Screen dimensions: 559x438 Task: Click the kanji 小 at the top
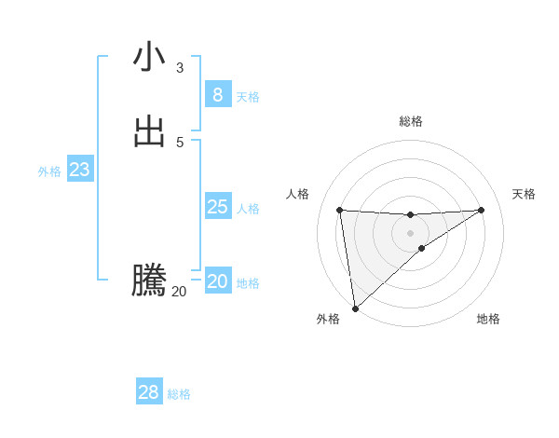[149, 57]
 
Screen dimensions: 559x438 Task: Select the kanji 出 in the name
[149, 131]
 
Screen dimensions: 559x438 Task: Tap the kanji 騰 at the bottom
[149, 281]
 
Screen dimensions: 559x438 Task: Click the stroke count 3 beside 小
[180, 68]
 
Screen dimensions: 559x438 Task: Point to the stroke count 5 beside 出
[180, 143]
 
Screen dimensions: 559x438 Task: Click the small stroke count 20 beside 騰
[179, 292]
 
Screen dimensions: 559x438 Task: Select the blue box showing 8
[217, 94]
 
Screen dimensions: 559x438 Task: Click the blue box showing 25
[217, 206]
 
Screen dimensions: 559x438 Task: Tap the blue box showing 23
[79, 170]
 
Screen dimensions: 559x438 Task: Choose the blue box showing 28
[149, 392]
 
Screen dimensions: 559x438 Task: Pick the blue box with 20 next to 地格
[217, 281]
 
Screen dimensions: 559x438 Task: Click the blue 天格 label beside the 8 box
[248, 97]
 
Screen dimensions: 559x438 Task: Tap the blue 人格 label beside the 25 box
[248, 209]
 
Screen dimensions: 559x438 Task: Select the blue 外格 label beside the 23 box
[49, 171]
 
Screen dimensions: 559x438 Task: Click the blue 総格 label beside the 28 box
[179, 395]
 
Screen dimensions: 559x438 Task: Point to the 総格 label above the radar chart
[411, 121]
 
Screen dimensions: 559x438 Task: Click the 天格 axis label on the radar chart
[525, 194]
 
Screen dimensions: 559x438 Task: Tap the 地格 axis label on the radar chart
[488, 320]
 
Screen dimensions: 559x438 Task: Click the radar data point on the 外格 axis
[355, 308]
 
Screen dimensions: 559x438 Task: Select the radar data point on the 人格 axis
[339, 210]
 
